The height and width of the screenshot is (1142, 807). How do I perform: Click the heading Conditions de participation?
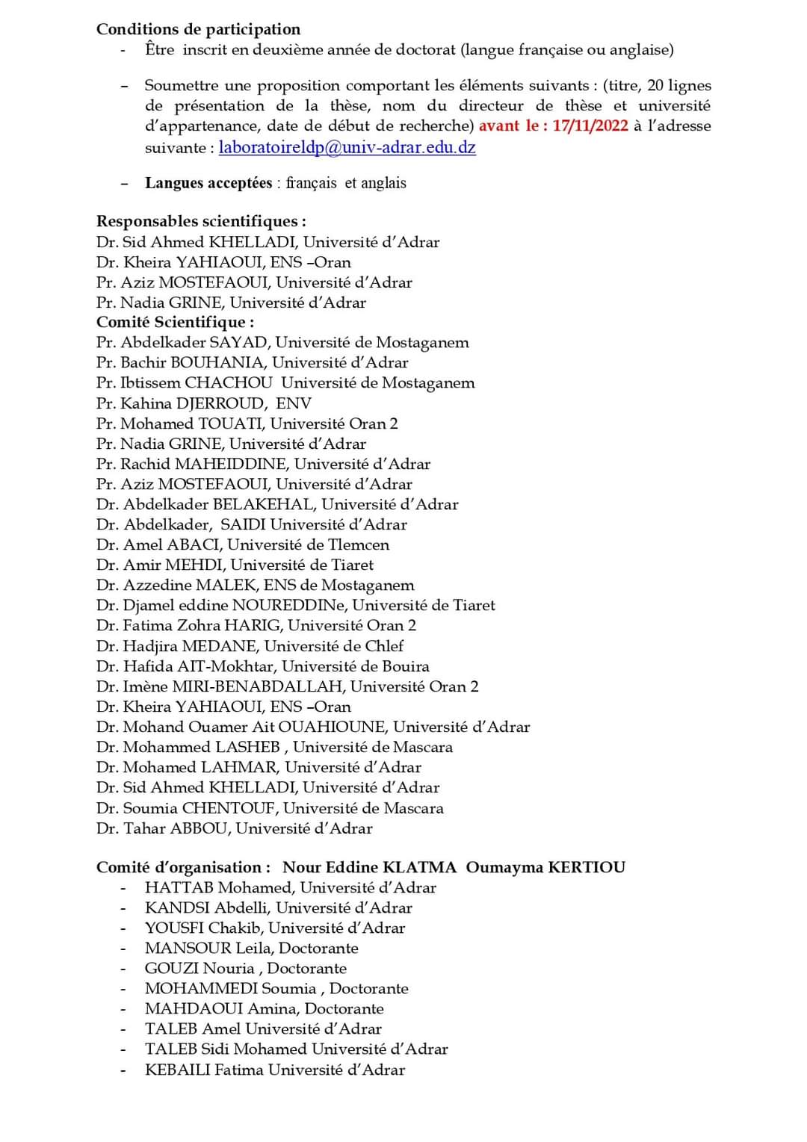pos(198,29)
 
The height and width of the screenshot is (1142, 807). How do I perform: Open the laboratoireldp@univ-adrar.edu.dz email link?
pos(347,147)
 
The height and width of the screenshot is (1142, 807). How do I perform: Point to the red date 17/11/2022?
pos(590,125)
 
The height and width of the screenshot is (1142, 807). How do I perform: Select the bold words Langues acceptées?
pos(208,183)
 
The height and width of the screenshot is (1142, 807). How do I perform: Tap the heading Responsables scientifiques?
pos(200,221)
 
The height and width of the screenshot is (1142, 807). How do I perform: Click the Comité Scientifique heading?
pos(175,322)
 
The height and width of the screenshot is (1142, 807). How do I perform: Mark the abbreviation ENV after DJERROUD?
pos(294,403)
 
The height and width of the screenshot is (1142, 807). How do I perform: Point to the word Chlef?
pos(385,645)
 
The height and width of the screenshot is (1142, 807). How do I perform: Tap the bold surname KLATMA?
pos(419,867)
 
